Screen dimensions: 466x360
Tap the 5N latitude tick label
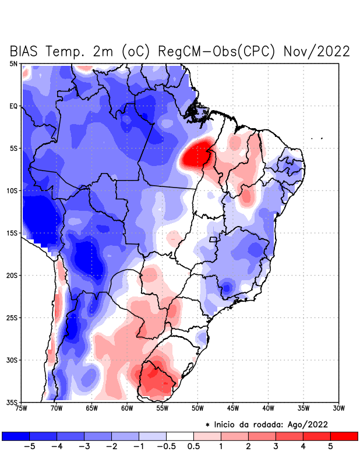[14, 63]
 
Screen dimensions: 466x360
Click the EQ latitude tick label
[14, 106]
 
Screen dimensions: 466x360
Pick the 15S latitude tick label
[13, 233]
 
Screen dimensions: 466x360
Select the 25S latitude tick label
[13, 317]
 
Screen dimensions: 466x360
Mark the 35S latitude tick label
[13, 402]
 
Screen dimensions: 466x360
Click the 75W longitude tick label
[21, 408]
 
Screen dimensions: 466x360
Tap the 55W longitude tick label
[163, 408]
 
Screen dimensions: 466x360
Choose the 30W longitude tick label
[339, 408]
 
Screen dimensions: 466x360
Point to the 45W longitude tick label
[233, 408]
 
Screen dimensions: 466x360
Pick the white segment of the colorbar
[180, 436]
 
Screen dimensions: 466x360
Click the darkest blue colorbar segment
[16, 436]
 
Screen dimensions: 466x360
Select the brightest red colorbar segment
[344, 436]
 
